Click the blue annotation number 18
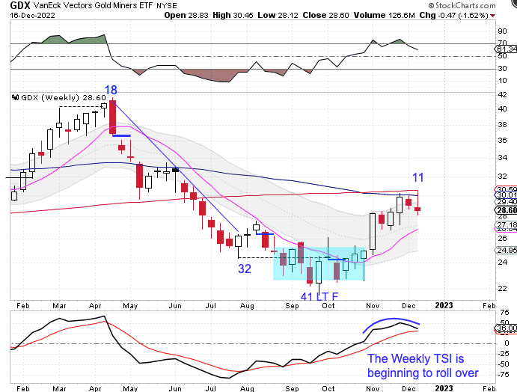pyautogui.click(x=111, y=91)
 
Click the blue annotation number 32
pyautogui.click(x=245, y=269)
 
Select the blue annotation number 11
pyautogui.click(x=419, y=177)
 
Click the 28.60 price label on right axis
pyautogui.click(x=506, y=211)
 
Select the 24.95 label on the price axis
pyautogui.click(x=506, y=250)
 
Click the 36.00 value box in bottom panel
pyautogui.click(x=506, y=327)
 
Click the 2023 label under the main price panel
pyautogui.click(x=443, y=305)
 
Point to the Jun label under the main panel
pyautogui.click(x=174, y=305)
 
